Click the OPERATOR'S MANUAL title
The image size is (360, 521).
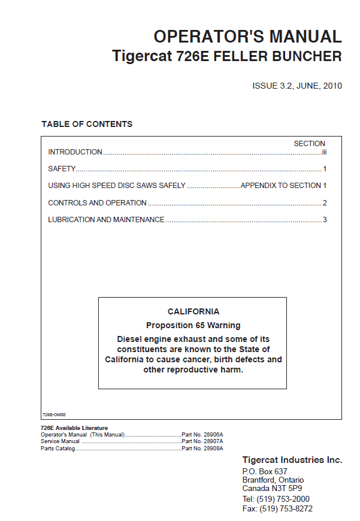[247, 37]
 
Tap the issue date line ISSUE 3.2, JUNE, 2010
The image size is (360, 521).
[297, 86]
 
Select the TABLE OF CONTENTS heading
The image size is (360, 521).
[87, 124]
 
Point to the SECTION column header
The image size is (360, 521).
[309, 144]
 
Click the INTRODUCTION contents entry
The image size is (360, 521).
[75, 152]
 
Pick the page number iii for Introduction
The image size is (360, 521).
[323, 152]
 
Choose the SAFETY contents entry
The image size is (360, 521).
[62, 169]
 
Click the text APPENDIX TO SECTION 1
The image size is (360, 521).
[283, 186]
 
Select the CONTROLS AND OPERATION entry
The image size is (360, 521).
[97, 203]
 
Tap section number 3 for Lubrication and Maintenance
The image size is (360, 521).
[325, 220]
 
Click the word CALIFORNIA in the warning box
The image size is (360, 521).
[193, 311]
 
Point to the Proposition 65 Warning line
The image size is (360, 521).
[193, 326]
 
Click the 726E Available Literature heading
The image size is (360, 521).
[74, 428]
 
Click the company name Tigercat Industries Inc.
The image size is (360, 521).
[292, 460]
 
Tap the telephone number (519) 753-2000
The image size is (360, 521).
[283, 499]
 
